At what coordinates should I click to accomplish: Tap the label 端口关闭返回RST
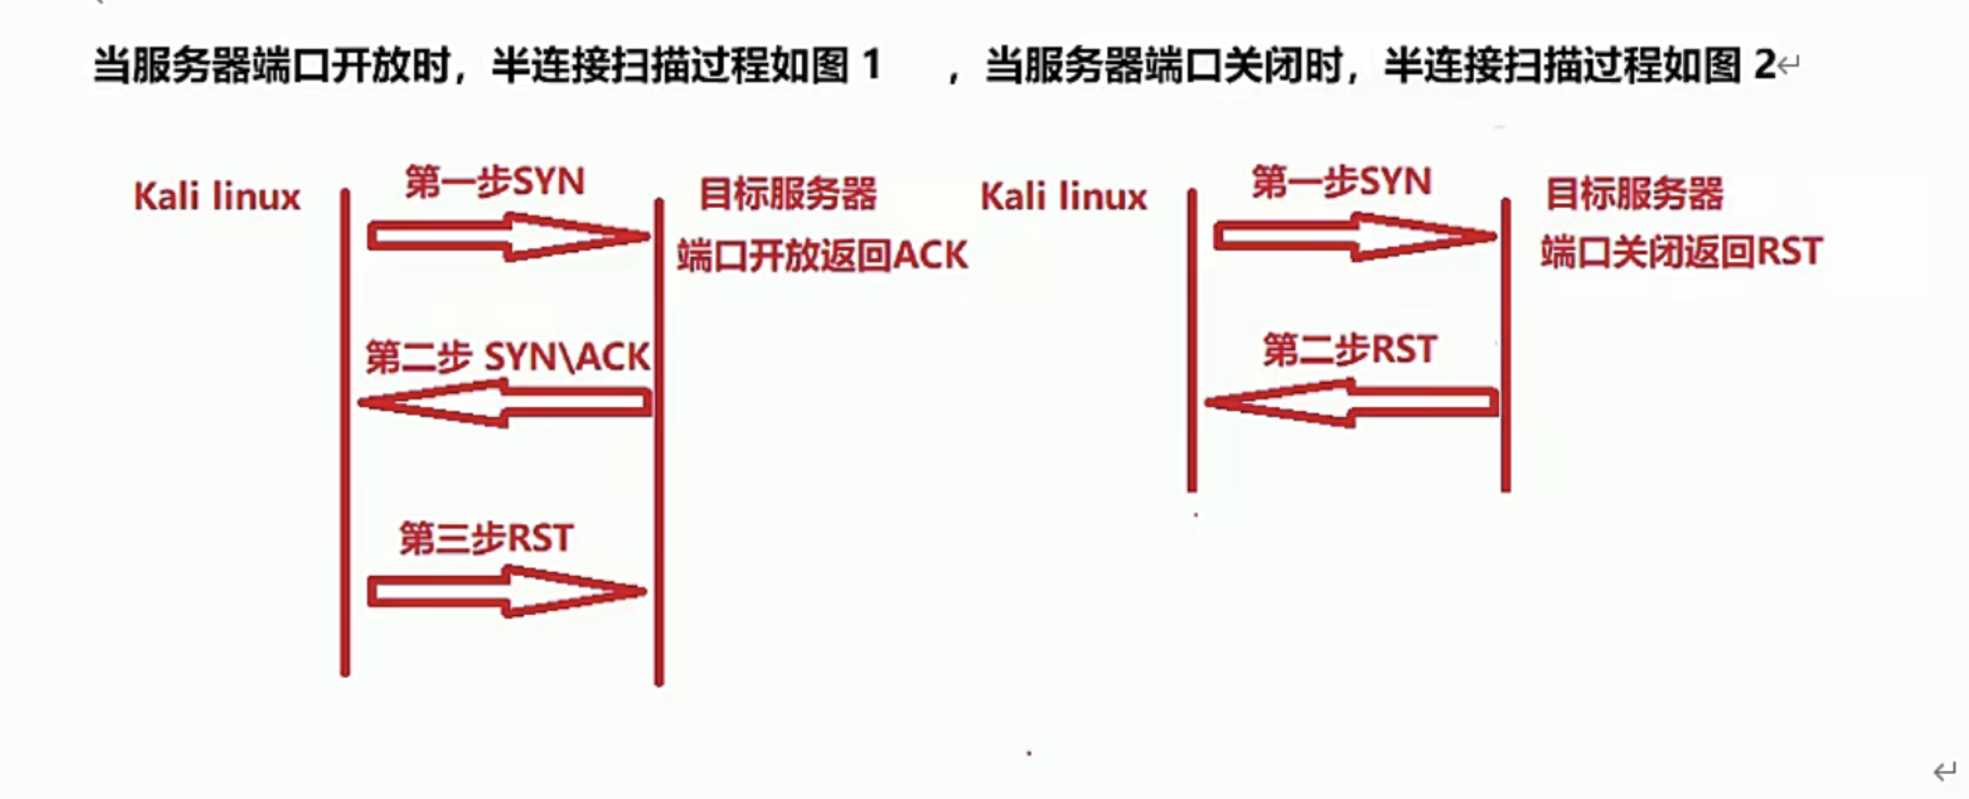tap(1682, 252)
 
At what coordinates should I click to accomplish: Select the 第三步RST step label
tap(486, 538)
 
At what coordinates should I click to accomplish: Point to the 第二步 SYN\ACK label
tap(508, 357)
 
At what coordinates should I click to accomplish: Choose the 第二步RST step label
tap(1350, 350)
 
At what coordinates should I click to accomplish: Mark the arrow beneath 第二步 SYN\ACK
tap(505, 403)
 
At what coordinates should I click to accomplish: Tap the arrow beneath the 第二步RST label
tap(1351, 403)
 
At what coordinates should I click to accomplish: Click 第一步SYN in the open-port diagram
tap(494, 182)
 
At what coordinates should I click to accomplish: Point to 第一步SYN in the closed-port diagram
tap(1341, 182)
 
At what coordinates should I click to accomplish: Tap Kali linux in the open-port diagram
tap(217, 197)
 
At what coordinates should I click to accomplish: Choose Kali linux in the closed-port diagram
tap(1064, 197)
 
